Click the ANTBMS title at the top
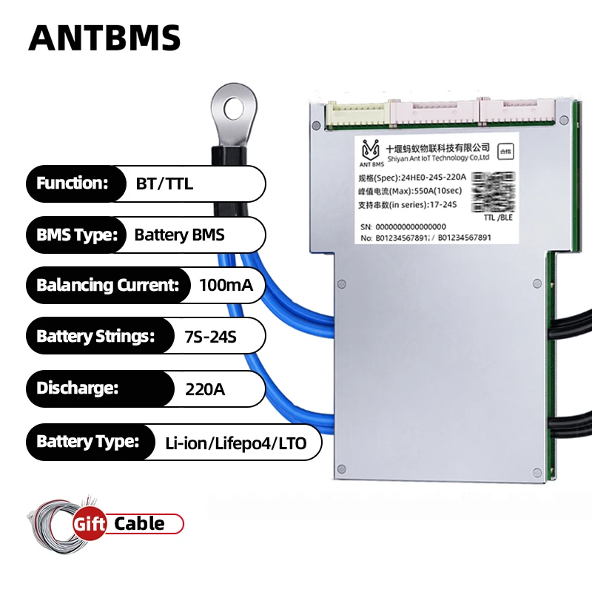point(104,36)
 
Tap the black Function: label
point(73,184)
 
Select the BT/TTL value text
point(164,184)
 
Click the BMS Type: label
point(77,235)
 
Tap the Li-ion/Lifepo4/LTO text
point(238,443)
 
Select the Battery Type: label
point(87,443)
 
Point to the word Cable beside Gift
point(139,524)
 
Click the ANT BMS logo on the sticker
point(370,152)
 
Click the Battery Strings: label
point(95,337)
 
